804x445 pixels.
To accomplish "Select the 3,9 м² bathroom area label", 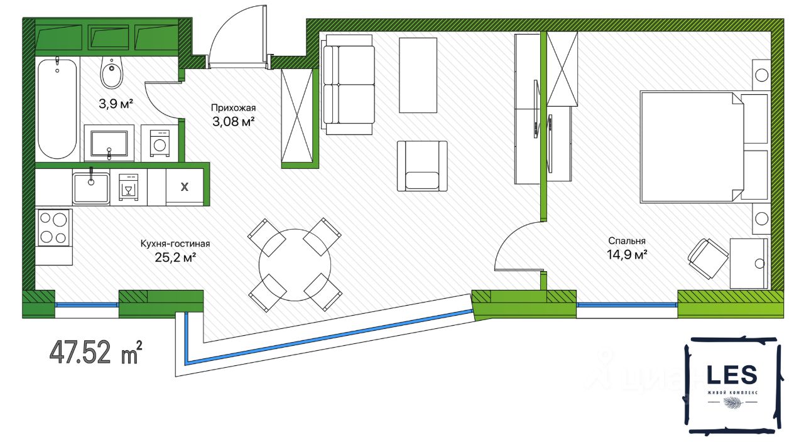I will (116, 104).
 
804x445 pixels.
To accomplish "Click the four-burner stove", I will (53, 228).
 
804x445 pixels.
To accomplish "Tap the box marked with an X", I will (185, 187).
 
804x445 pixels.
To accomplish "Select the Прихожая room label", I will (233, 107).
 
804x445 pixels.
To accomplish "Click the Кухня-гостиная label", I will (175, 244).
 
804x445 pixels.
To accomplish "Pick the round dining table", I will (295, 264).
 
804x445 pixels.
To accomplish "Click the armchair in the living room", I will (421, 166).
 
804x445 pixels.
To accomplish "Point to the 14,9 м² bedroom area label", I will (627, 254).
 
